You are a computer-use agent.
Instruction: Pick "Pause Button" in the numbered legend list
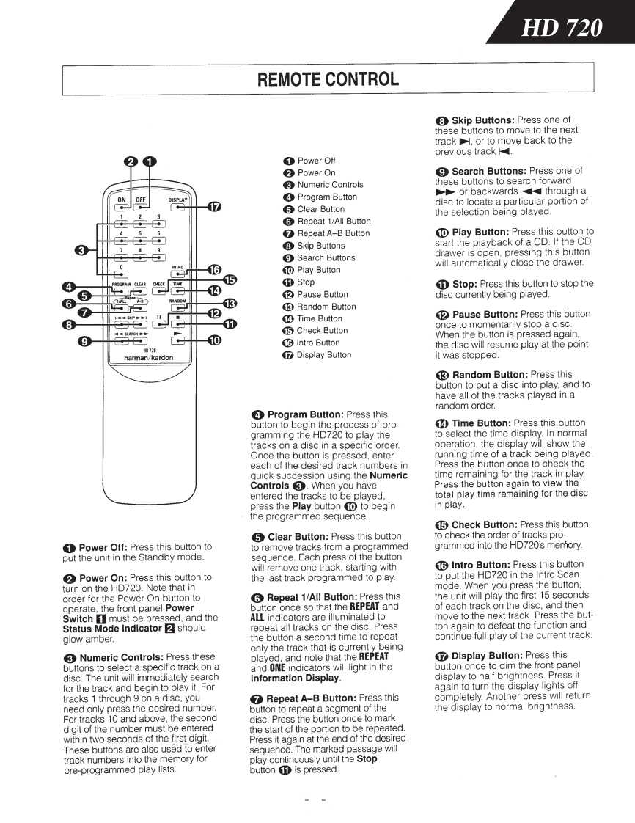coord(323,294)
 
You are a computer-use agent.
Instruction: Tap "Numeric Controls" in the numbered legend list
coord(330,185)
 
